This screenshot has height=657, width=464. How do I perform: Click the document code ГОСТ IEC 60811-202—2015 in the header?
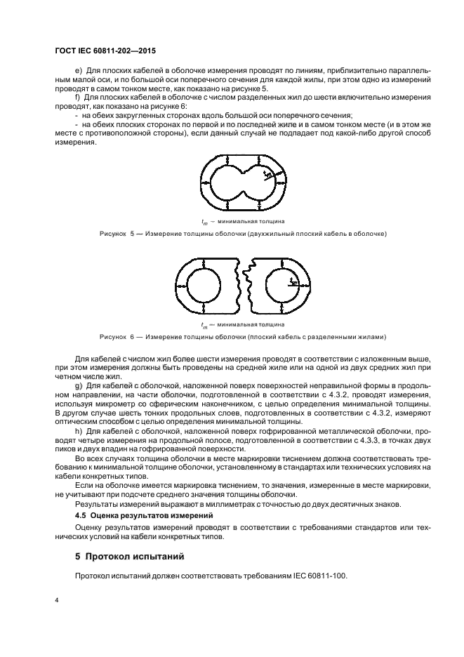[x=105, y=51]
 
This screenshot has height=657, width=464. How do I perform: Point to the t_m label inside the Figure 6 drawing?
[x=293, y=281]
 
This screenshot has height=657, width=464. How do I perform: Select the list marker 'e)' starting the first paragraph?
[x=77, y=72]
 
